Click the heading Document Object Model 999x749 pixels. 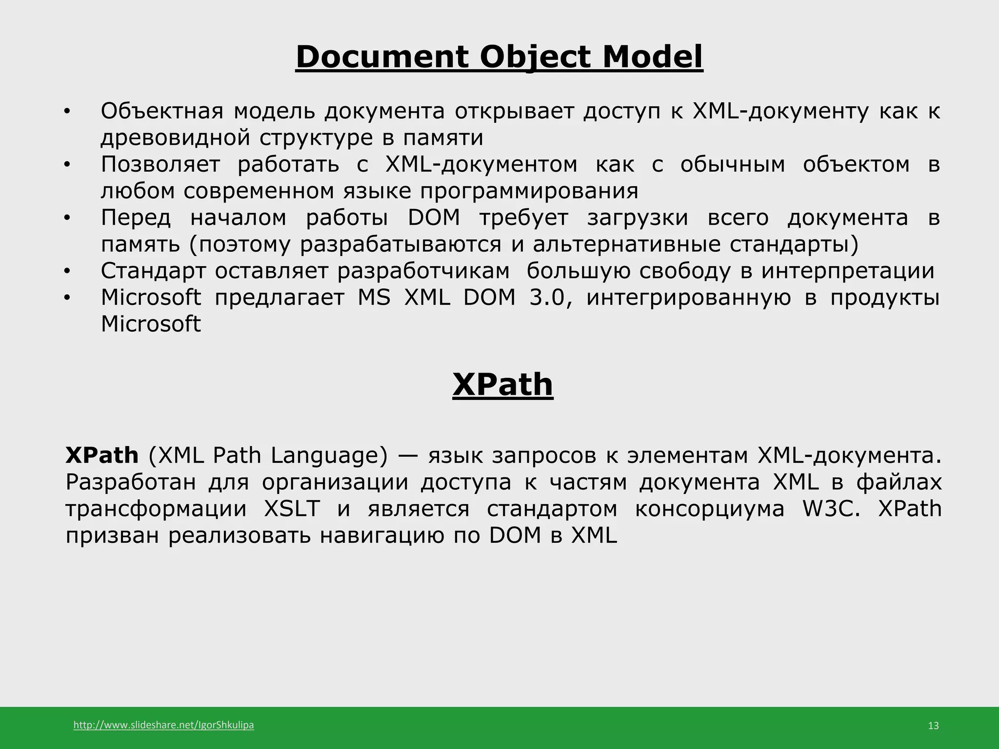coord(499,57)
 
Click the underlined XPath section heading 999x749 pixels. coord(502,385)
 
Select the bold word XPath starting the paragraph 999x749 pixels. coord(102,455)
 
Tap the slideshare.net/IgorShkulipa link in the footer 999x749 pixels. coord(163,725)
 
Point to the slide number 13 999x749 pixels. coord(933,726)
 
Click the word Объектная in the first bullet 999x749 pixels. coord(162,111)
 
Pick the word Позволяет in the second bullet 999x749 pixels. coord(160,164)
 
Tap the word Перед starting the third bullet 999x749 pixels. coord(136,217)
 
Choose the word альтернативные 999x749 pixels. coord(626,244)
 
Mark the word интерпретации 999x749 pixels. coord(848,271)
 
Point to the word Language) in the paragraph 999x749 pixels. coord(329,455)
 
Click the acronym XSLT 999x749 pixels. coord(292,509)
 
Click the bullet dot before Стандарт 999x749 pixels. coord(67,271)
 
